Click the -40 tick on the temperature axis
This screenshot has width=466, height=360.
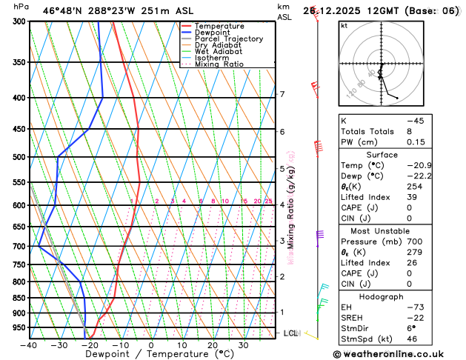29,344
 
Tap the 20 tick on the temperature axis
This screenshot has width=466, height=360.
212,344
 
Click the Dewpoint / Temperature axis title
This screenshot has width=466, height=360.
150,355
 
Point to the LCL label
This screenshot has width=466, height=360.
290,333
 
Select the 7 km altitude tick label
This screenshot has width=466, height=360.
282,94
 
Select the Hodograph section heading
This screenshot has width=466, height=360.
382,296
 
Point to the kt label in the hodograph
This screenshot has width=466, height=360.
344,26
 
